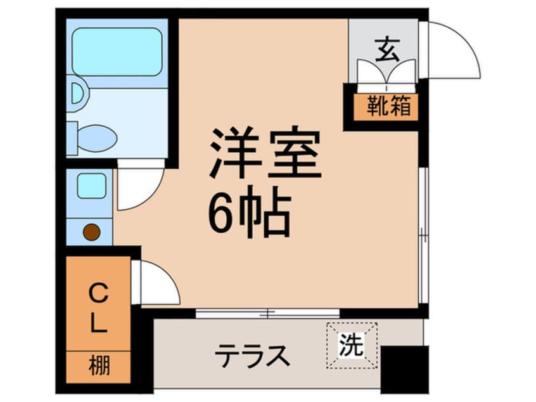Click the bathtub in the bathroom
click(x=117, y=52)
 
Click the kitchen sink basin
click(x=91, y=186)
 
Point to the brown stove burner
click(x=91, y=232)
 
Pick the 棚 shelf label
click(x=98, y=367)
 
